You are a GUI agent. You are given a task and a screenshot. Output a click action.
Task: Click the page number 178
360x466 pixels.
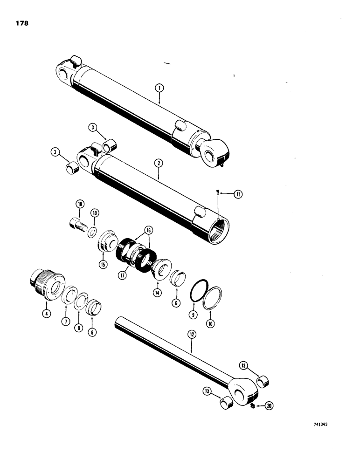(21, 23)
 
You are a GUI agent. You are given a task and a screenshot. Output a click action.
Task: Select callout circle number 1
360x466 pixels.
(159, 87)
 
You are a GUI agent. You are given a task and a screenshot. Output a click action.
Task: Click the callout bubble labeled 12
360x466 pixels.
(190, 334)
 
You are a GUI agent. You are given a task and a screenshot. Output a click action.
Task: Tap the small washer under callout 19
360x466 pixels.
(92, 232)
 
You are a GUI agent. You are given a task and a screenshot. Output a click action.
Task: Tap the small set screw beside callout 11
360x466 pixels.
(219, 192)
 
